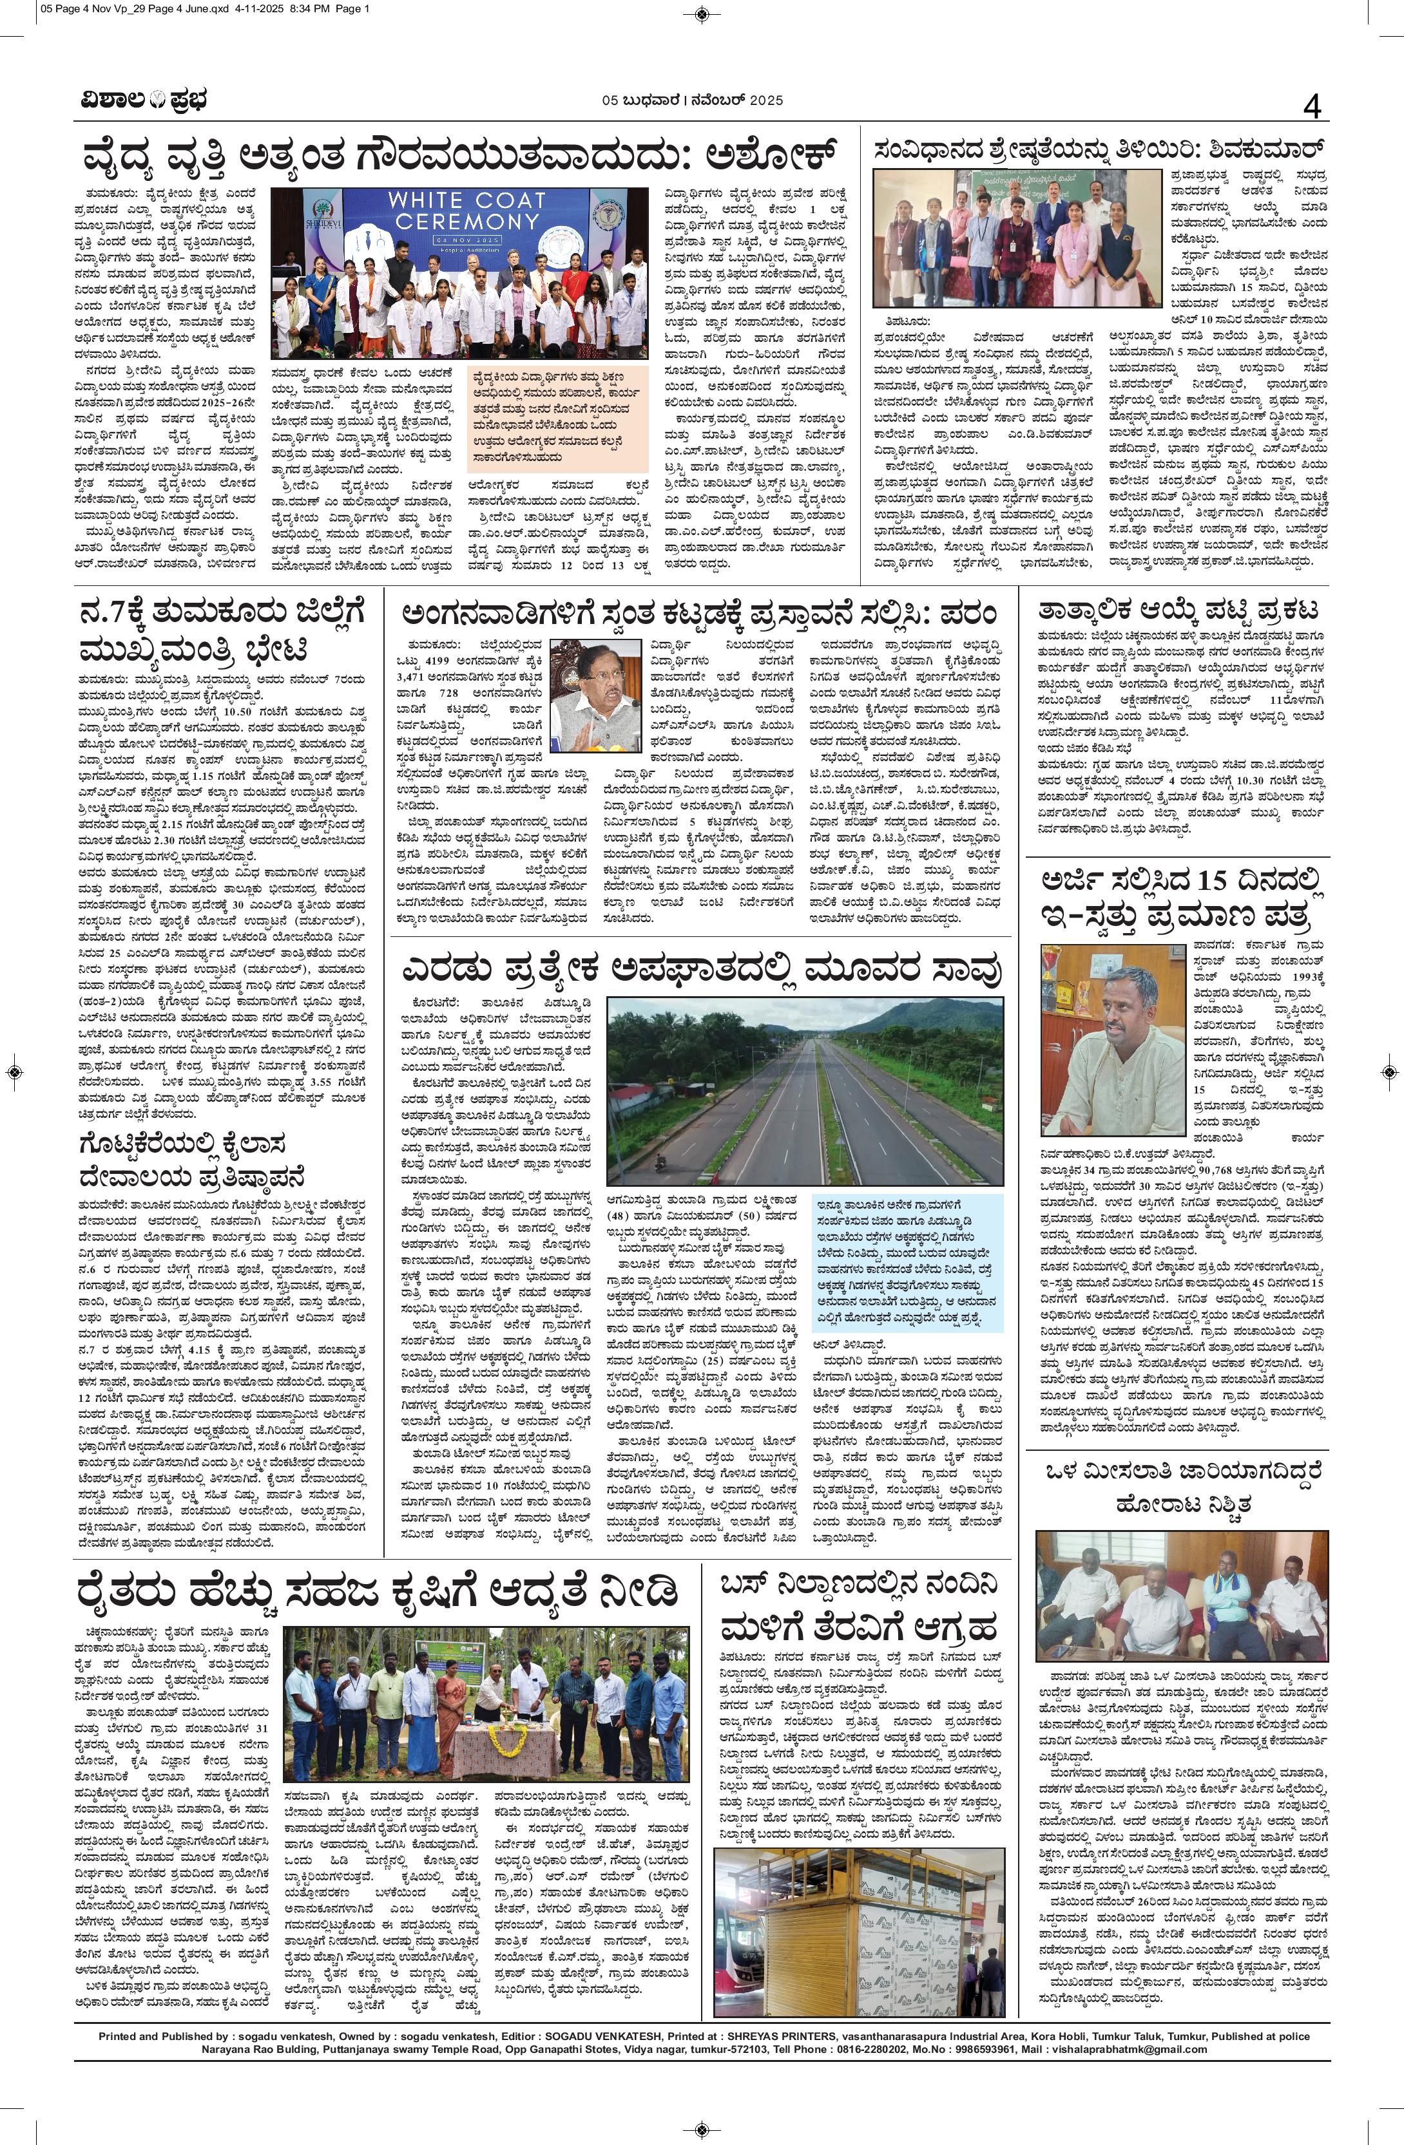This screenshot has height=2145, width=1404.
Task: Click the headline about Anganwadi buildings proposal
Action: (x=699, y=616)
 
